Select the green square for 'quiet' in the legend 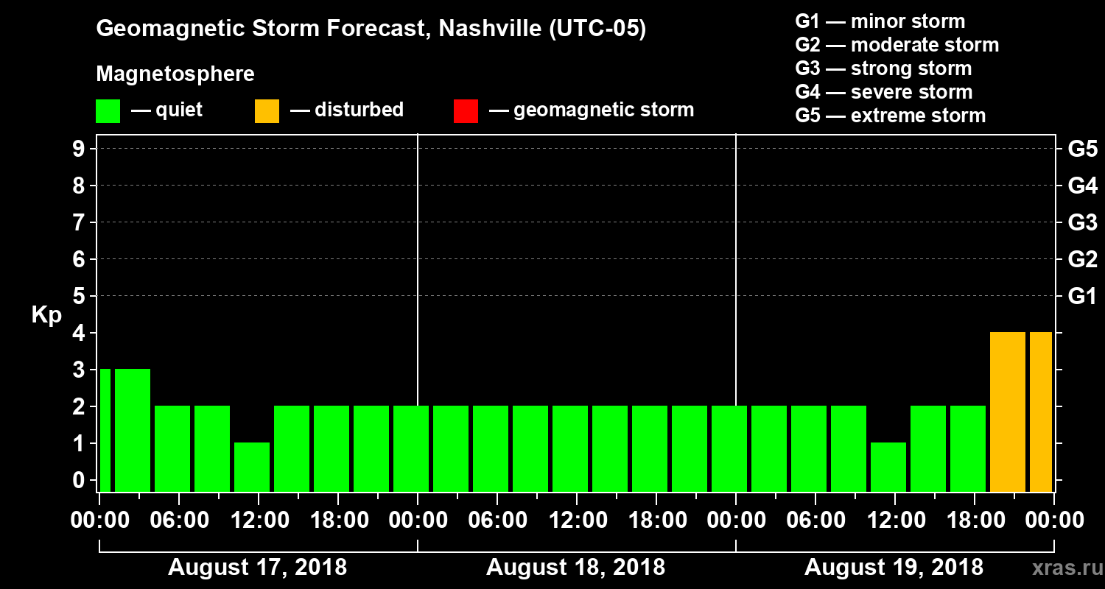tap(108, 111)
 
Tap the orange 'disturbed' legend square tap(267, 111)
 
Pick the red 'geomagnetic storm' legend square tap(466, 111)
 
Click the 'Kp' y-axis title tap(46, 315)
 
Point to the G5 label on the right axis tap(1082, 149)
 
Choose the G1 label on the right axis tap(1082, 297)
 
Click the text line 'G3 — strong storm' tap(883, 68)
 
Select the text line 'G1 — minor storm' tap(880, 21)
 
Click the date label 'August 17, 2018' tap(257, 568)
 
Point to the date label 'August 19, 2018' tap(894, 568)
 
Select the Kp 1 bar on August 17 tap(252, 467)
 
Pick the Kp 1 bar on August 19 tap(888, 467)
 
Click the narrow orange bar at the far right tap(1041, 412)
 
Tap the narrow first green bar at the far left tap(105, 430)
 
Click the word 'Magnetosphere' tap(175, 74)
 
